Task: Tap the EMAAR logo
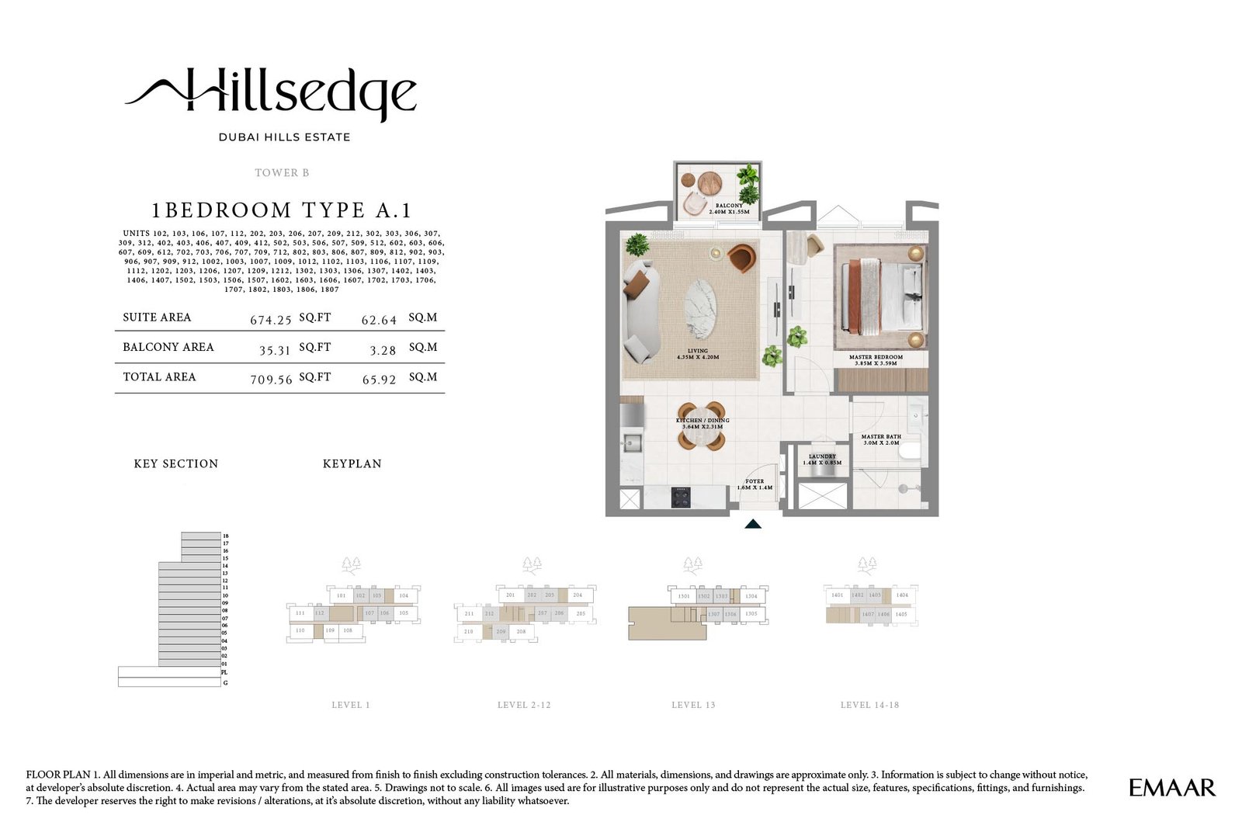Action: [x=1171, y=788]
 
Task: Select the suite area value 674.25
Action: [x=270, y=320]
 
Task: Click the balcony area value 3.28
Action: [x=383, y=351]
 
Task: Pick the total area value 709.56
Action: [x=271, y=380]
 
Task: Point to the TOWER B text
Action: [x=282, y=172]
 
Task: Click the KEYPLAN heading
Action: [x=352, y=463]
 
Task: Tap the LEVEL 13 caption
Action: [x=693, y=705]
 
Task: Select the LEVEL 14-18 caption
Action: [x=869, y=705]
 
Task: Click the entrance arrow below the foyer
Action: [x=752, y=525]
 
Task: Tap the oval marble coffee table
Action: [x=700, y=308]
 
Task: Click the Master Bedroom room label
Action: [x=876, y=360]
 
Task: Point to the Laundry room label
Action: [x=822, y=460]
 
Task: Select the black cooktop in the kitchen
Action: [x=681, y=497]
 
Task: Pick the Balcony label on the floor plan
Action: [x=729, y=208]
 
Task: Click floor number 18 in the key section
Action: [x=226, y=536]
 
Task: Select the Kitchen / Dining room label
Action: [x=703, y=423]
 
